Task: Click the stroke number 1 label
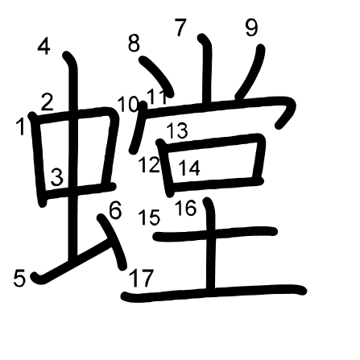click(x=20, y=126)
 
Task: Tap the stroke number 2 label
click(x=48, y=102)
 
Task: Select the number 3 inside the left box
click(x=57, y=177)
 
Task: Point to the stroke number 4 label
click(x=43, y=47)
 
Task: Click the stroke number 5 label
click(x=19, y=278)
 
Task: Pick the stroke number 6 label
click(x=115, y=210)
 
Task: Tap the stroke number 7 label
click(x=180, y=27)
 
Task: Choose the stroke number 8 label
click(x=134, y=43)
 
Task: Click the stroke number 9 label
click(x=251, y=28)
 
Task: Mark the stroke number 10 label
click(x=128, y=105)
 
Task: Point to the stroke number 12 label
click(x=149, y=164)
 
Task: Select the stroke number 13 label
click(x=177, y=130)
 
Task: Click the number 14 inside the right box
click(x=189, y=168)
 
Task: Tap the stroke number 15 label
click(x=150, y=217)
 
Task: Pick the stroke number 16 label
click(x=186, y=208)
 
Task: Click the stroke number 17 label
click(x=142, y=278)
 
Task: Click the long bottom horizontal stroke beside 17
click(x=214, y=292)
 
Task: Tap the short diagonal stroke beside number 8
click(x=158, y=76)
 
